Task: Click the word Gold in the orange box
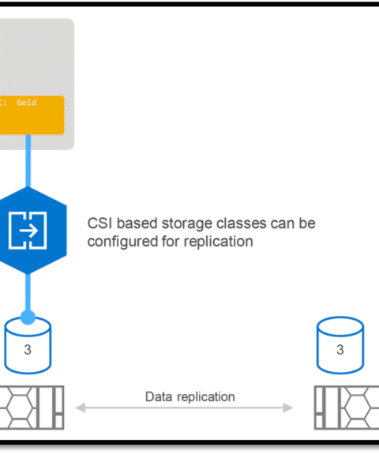click(x=26, y=103)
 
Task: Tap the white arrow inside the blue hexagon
click(x=28, y=231)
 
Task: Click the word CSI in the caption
click(x=100, y=223)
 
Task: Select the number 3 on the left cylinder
click(x=28, y=350)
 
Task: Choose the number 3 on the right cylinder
click(x=340, y=350)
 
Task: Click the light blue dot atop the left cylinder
click(x=28, y=317)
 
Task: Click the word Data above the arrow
click(x=159, y=396)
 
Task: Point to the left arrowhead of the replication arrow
click(x=81, y=407)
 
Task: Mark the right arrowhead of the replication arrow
click(x=288, y=407)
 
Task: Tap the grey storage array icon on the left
click(x=32, y=407)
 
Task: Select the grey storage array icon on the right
click(x=347, y=407)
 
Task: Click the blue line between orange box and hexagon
click(x=28, y=161)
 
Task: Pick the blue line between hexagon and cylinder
click(x=28, y=292)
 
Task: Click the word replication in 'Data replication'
click(x=206, y=397)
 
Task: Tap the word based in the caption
click(x=137, y=223)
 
